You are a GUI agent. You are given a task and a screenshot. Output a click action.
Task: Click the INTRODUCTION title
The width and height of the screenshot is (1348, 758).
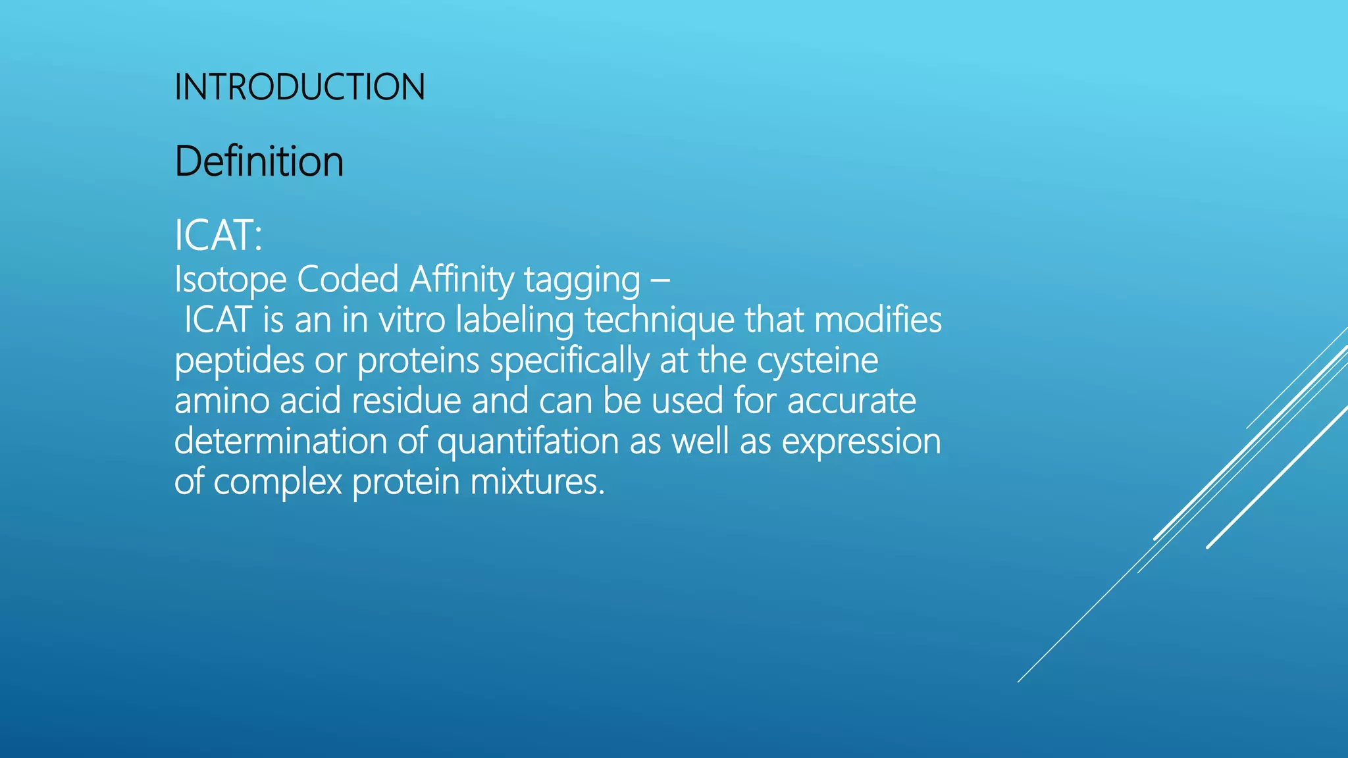tap(299, 87)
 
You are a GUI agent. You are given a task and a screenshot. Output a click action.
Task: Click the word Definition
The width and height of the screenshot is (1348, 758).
tap(259, 161)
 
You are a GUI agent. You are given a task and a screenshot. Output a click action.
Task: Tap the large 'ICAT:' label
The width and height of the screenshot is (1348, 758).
tap(218, 236)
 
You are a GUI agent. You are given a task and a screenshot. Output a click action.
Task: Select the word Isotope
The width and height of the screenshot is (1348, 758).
tap(230, 280)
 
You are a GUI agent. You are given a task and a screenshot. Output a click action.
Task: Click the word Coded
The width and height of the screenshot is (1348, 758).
tap(348, 280)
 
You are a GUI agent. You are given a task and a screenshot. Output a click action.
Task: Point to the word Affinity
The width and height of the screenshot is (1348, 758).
tap(461, 280)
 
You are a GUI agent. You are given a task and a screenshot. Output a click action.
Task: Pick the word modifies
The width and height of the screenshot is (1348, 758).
tap(877, 320)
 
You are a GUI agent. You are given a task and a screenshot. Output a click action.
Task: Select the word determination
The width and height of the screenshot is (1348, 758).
tap(280, 442)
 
